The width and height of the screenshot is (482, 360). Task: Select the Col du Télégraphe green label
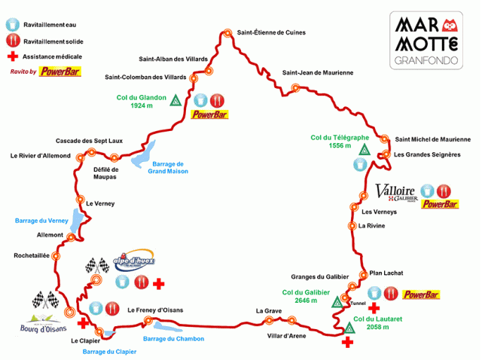340,142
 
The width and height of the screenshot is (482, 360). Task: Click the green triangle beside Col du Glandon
175,101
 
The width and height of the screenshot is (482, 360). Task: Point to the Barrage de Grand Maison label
168,167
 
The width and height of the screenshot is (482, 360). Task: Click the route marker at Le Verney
80,200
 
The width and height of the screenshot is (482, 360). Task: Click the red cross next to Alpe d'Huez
158,284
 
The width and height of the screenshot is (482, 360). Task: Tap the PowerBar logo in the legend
61,72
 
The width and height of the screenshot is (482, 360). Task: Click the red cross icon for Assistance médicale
11,56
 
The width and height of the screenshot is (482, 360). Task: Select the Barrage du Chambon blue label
173,338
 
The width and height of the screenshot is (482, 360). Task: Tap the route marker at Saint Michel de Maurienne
386,139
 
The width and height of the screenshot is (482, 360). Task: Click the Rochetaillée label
32,256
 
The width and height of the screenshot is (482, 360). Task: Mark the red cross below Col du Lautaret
347,343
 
